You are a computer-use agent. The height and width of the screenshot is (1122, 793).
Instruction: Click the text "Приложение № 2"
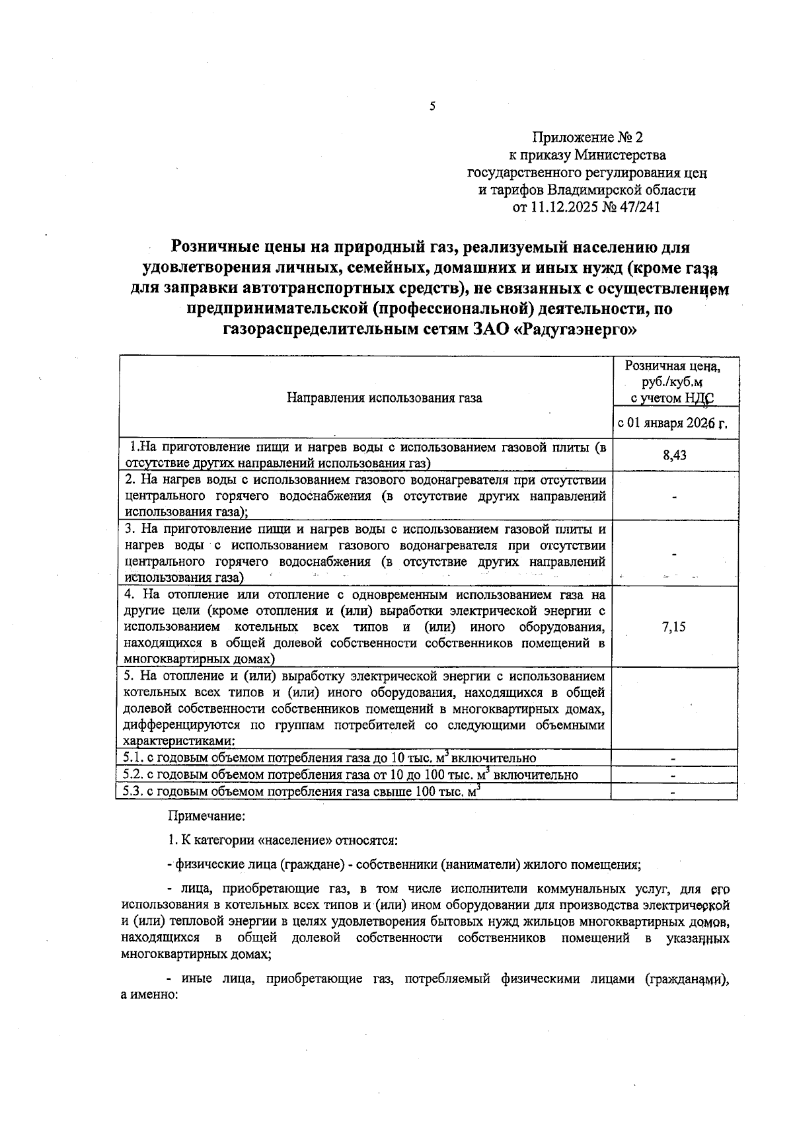point(587,138)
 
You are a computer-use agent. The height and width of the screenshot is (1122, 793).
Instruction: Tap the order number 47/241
point(640,208)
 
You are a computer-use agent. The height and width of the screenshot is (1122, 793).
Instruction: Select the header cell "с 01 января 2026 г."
point(672,423)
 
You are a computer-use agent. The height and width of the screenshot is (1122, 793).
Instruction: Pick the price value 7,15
point(674,627)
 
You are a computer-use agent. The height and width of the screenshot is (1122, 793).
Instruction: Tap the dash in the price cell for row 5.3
point(674,791)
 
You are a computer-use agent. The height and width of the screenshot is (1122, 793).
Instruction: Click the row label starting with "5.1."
point(329,758)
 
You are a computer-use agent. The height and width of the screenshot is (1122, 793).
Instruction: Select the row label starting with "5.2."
point(350,775)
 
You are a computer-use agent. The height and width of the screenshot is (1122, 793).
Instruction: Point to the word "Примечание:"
point(207,817)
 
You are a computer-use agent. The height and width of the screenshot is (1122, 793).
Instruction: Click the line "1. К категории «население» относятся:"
point(282,841)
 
